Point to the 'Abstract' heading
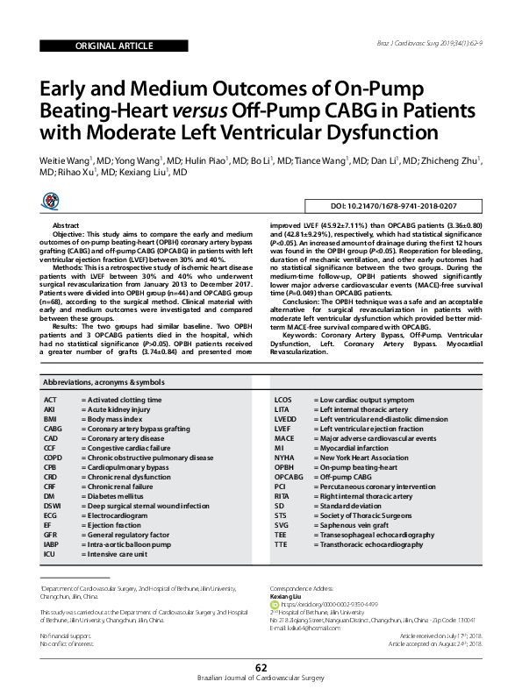(x=68, y=226)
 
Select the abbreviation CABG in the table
(x=54, y=429)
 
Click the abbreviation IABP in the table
(x=52, y=544)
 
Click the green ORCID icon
(x=273, y=604)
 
